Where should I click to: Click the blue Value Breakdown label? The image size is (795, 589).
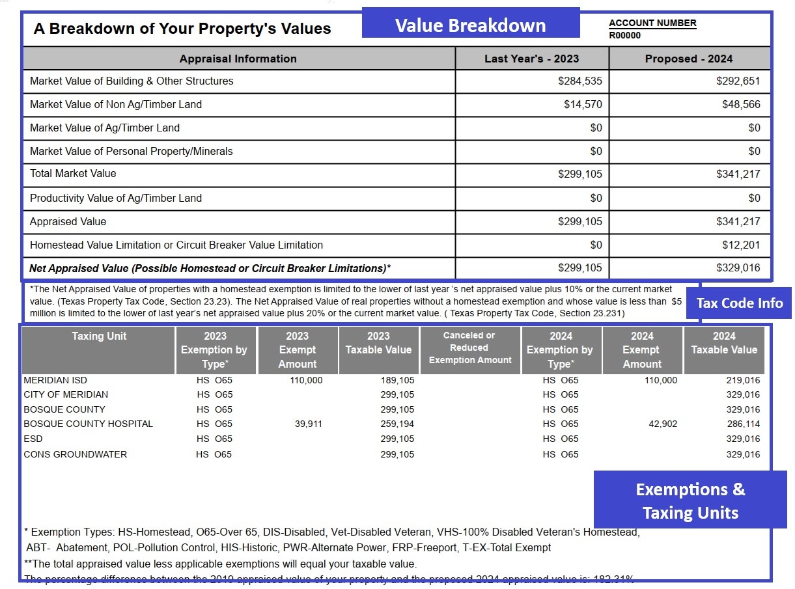[470, 25]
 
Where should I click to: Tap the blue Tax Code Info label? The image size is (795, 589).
[739, 303]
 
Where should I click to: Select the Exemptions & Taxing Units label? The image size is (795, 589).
[690, 500]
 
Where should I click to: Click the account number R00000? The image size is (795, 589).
[625, 36]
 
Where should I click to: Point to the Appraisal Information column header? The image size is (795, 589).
[238, 59]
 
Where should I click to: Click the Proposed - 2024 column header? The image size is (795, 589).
[689, 59]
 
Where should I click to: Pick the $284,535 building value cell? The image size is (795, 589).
[579, 81]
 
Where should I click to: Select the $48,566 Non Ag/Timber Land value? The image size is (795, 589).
[741, 105]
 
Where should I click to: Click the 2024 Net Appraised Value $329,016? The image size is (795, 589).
[738, 268]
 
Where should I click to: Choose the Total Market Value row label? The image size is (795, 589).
[73, 174]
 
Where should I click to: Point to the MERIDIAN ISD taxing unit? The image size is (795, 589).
[55, 380]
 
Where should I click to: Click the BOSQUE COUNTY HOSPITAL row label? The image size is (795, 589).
[89, 424]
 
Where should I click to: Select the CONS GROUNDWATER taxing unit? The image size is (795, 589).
[76, 454]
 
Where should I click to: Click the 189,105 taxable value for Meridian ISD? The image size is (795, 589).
[397, 380]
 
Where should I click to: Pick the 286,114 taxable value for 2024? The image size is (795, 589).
[743, 424]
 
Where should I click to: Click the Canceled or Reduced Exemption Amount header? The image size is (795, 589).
[470, 348]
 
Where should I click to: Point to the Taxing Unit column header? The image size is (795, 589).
[99, 336]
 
